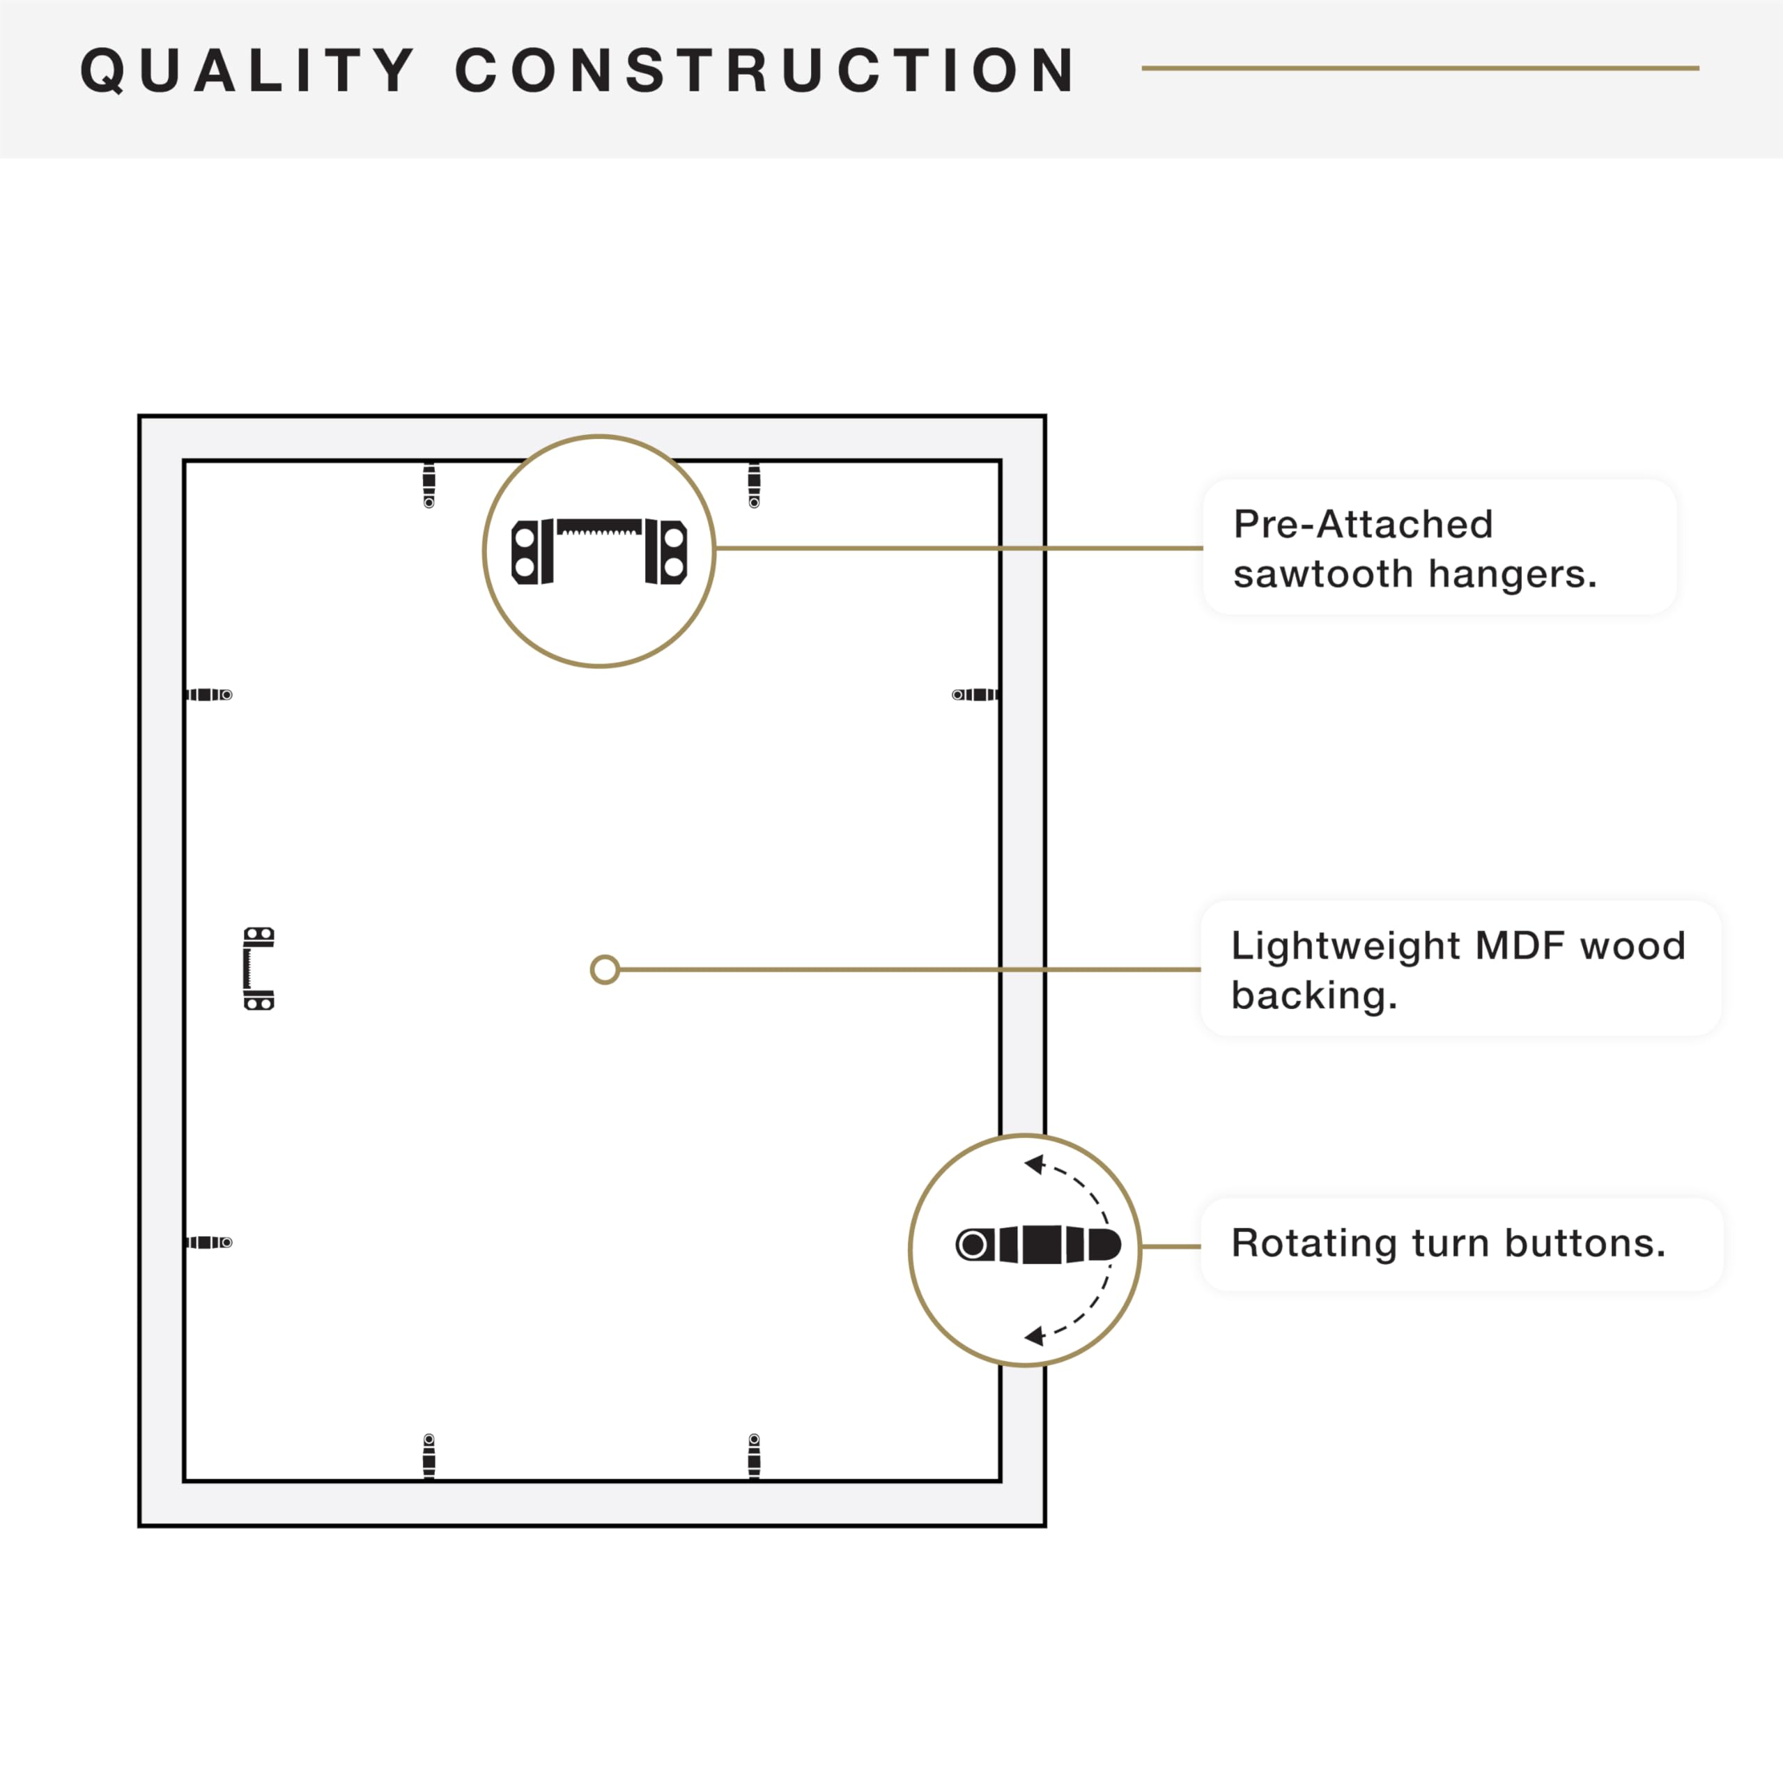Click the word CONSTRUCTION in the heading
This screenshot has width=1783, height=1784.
click(x=766, y=70)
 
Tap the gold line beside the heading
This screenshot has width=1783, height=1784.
click(x=1420, y=68)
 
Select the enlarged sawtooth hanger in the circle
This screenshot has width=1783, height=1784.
click(x=599, y=551)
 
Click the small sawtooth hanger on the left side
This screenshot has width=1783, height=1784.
click(x=258, y=969)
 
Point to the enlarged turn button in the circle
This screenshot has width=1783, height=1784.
click(x=1038, y=1245)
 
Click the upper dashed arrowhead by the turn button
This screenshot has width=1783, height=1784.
click(x=1034, y=1165)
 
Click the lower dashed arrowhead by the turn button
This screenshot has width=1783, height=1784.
click(x=1034, y=1335)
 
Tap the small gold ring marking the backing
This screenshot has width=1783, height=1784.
click(x=605, y=969)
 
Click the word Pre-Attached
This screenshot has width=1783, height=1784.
click(x=1363, y=525)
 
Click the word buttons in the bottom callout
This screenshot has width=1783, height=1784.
click(x=1584, y=1244)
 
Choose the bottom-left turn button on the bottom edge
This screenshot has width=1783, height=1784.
click(x=429, y=1456)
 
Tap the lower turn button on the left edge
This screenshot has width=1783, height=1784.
click(x=208, y=1242)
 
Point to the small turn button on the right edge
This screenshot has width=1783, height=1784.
click(x=975, y=694)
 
